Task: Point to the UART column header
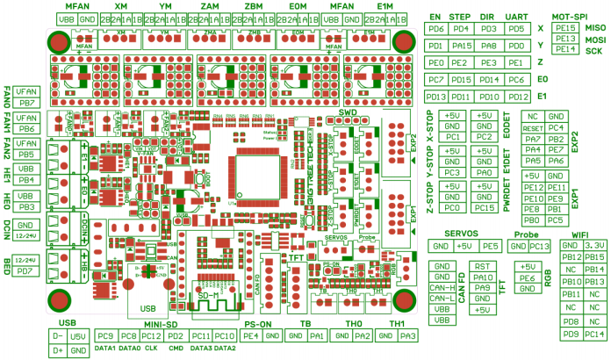tap(518, 17)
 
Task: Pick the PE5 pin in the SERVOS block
tap(491, 246)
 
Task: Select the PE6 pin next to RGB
tap(526, 277)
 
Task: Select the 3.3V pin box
tap(595, 246)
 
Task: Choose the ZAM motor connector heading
tap(210, 6)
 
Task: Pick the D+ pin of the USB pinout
tap(58, 350)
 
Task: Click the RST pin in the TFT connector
tap(482, 265)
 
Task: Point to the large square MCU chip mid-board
tap(259, 163)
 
